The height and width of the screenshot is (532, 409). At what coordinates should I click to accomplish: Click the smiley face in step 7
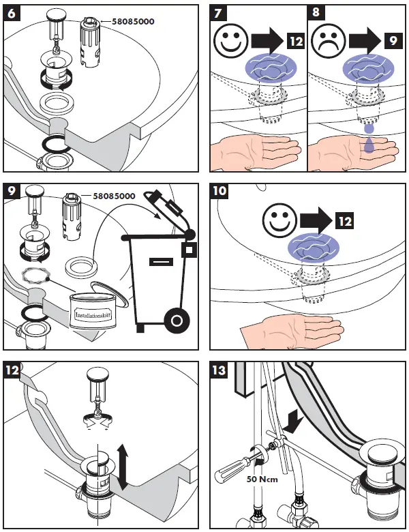click(230, 42)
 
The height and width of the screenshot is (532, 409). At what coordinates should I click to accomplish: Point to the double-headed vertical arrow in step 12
click(123, 466)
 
